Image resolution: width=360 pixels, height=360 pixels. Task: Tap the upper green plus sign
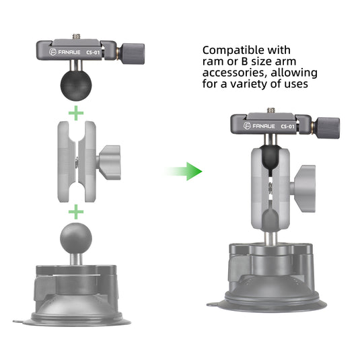[x=76, y=113]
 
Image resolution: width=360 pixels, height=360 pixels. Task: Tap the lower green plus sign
[x=76, y=212]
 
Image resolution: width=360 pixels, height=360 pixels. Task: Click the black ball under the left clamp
[x=76, y=85]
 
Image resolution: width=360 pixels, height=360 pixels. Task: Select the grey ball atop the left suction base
[x=76, y=238]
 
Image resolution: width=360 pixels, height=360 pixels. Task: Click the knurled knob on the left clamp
[x=133, y=53]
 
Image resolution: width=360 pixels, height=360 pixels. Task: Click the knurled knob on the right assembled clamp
[x=328, y=128]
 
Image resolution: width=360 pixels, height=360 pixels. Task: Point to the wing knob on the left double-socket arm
[x=110, y=162]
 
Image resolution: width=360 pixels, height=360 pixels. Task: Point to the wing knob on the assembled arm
[x=303, y=188]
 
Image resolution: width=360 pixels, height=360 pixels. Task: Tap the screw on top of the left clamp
[x=76, y=36]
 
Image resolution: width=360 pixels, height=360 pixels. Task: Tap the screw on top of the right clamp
[x=271, y=110]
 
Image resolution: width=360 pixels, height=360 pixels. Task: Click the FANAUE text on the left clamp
[x=69, y=52]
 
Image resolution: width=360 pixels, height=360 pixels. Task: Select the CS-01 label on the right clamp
[x=287, y=127]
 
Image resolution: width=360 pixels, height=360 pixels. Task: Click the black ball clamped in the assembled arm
[x=271, y=159]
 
